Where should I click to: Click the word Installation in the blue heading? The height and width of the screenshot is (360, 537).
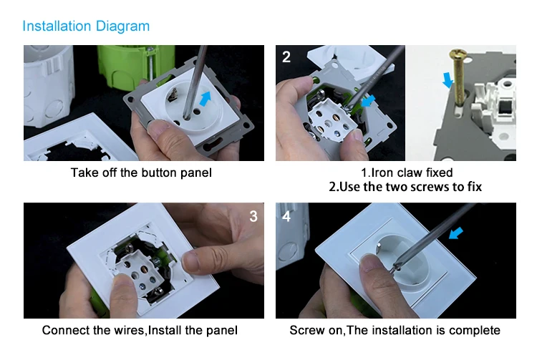pos(57,26)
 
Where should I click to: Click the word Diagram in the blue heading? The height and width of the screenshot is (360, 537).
pos(122,27)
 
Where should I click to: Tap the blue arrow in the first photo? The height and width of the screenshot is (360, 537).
pos(205,99)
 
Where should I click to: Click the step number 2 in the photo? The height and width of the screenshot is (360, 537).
pos(286,57)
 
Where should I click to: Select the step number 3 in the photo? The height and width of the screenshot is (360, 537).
pos(253,216)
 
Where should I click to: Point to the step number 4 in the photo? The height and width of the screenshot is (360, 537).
pos(286,216)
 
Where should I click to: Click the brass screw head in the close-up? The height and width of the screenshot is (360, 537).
pos(458,54)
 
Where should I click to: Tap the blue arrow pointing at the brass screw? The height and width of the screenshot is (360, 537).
pos(447,79)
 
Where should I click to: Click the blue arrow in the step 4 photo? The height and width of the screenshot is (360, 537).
pos(456,233)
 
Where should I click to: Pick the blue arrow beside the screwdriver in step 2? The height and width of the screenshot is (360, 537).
pos(369,101)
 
